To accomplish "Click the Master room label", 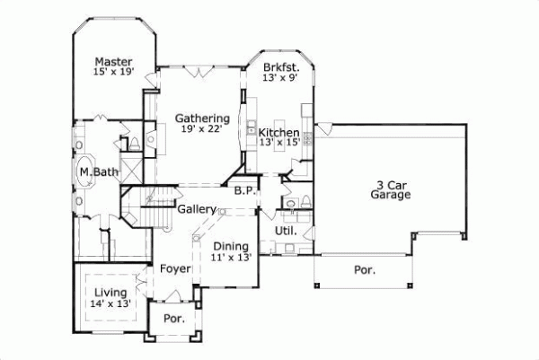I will [114, 61].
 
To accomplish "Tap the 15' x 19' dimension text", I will [114, 73].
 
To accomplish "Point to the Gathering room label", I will [202, 118].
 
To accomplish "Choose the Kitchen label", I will [279, 131].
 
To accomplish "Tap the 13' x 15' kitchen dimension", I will [278, 142].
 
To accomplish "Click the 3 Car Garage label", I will [393, 188].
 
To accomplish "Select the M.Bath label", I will [99, 172].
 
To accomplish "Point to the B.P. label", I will [243, 191].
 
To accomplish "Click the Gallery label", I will [196, 209].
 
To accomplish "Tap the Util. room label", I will [286, 231].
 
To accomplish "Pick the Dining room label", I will [231, 245].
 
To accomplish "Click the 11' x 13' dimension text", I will [231, 257].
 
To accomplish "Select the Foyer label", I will [174, 268].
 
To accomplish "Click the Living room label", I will [110, 292].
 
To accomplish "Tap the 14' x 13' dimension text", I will [110, 303].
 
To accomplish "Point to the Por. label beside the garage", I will [365, 269].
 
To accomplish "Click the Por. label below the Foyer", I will [173, 319].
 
